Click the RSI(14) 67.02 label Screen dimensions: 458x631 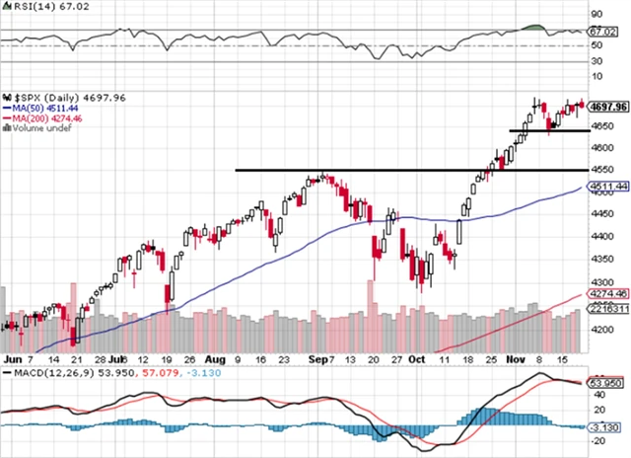(x=39, y=6)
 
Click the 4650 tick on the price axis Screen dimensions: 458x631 (x=599, y=128)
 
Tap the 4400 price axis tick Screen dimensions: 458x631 (x=599, y=236)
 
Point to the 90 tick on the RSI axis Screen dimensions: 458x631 (x=596, y=14)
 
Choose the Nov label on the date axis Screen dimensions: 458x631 (x=517, y=360)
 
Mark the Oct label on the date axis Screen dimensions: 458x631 (x=420, y=360)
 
